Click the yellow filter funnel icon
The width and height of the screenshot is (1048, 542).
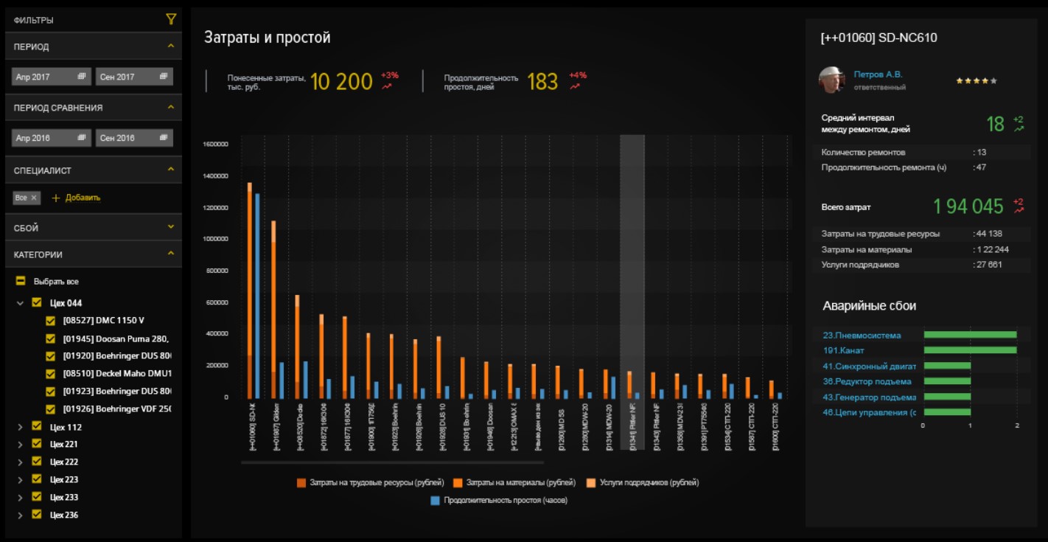(171, 20)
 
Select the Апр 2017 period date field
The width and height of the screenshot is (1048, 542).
(51, 77)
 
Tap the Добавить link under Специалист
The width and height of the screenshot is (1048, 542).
(76, 198)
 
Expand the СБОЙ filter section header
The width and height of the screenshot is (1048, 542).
(93, 228)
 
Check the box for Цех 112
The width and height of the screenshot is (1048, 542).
(37, 427)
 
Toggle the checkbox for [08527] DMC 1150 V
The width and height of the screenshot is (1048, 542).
(51, 321)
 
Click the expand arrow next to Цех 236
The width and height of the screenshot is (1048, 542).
(20, 515)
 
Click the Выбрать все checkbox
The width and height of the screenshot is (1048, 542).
(21, 282)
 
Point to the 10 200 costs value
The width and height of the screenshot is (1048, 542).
(341, 82)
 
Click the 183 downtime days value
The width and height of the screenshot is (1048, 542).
(542, 82)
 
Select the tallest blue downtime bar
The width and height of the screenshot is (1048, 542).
(257, 295)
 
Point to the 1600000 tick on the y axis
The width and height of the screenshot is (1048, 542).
(214, 145)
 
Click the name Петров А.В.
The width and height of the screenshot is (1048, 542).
(878, 74)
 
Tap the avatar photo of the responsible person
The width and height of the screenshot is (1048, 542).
(831, 80)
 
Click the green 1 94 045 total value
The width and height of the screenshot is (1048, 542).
(968, 206)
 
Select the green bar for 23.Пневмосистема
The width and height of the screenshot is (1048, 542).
(970, 335)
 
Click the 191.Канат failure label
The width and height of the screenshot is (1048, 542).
(843, 351)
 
